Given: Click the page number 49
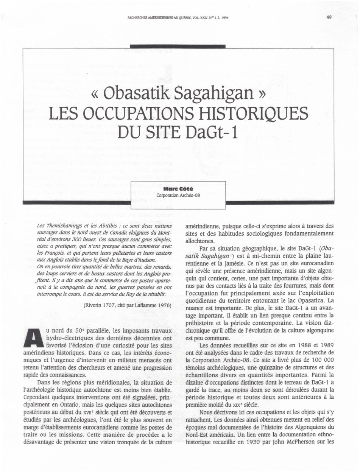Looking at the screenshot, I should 329,17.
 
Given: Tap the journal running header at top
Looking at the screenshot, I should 178,17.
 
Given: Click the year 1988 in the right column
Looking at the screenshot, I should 295,345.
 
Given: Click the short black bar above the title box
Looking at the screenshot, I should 178,46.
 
